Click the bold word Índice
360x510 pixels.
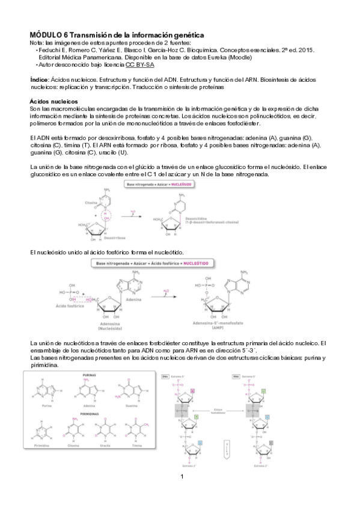[x=40, y=79]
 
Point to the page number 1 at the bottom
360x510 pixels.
[x=181, y=477]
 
